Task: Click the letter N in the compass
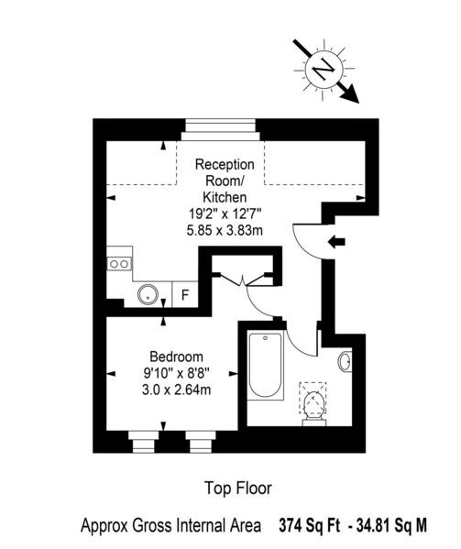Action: pos(324,69)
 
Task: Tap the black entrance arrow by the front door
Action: pos(336,242)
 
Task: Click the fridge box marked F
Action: pos(185,294)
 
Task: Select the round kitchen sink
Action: pos(148,295)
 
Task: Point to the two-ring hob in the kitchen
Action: pos(119,264)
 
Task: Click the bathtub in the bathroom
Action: pos(265,366)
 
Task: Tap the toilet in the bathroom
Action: pos(313,406)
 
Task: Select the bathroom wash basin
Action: pos(346,361)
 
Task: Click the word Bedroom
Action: pos(176,357)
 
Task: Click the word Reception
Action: pos(225,165)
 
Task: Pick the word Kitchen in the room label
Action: pos(225,197)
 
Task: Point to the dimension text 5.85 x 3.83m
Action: pos(225,230)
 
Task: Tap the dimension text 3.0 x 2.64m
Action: pos(176,390)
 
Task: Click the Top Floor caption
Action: pos(238,489)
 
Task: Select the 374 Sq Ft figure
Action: pos(310,525)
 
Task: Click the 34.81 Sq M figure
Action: pos(391,525)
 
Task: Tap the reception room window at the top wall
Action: pos(221,130)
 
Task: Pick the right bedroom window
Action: pos(201,442)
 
